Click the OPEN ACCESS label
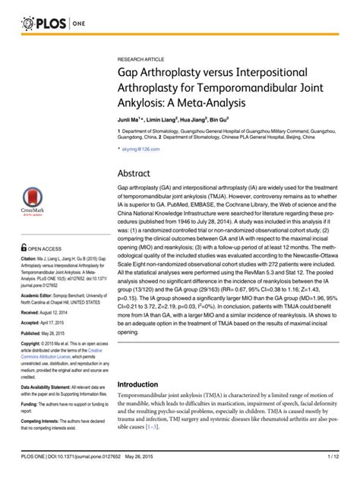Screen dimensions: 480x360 [x=45, y=248]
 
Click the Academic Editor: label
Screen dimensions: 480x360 [x=43, y=295]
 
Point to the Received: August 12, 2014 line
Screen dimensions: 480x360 [x=51, y=312]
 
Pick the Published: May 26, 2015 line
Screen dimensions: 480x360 [x=49, y=333]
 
